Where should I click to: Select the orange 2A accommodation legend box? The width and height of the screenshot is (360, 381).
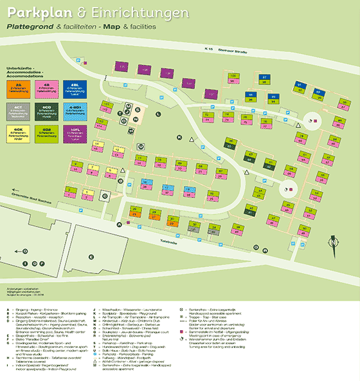click(x=19, y=88)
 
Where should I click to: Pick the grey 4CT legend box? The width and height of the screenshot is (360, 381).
click(x=19, y=111)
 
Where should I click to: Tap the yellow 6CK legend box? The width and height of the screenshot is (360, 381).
click(x=19, y=133)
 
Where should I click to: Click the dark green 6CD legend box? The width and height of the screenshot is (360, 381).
click(x=47, y=111)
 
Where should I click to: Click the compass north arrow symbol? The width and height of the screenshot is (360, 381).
click(x=333, y=238)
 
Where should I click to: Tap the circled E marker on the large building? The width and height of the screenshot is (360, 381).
click(x=94, y=256)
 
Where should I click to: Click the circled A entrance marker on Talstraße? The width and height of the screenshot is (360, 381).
click(x=118, y=224)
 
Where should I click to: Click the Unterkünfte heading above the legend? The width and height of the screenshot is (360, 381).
click(x=20, y=68)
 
